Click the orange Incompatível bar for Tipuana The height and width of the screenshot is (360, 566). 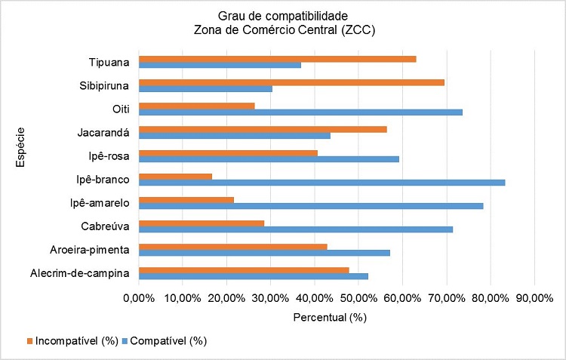[x=277, y=59]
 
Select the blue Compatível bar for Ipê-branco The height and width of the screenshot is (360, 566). [x=321, y=183]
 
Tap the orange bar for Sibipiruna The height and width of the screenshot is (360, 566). [x=291, y=82]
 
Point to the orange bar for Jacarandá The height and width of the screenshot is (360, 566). [x=263, y=129]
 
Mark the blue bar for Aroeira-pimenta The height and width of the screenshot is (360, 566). [x=264, y=253]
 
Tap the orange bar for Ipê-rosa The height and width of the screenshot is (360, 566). [x=228, y=152]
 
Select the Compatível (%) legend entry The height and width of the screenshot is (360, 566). [x=168, y=341]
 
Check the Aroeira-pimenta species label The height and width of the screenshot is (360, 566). [x=94, y=249]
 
